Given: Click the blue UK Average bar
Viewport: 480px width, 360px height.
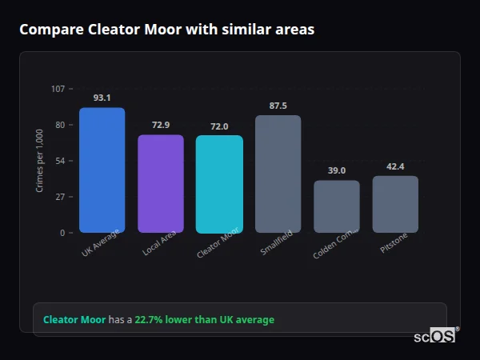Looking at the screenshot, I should [x=102, y=170].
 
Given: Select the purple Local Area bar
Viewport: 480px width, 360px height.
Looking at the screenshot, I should [x=160, y=184].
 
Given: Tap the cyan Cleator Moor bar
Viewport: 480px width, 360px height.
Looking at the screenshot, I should [x=219, y=184].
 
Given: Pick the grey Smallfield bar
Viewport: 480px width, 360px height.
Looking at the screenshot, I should [x=278, y=174].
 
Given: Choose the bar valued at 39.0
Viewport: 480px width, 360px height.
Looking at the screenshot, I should [x=336, y=206].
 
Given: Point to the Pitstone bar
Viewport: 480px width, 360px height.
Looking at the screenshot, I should [x=395, y=204].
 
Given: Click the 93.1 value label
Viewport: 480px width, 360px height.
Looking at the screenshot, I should [x=102, y=98].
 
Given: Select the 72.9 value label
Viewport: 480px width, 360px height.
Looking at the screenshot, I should [x=160, y=125].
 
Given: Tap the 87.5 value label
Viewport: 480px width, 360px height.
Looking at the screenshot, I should [x=278, y=106].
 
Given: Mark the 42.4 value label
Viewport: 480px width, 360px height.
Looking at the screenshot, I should [x=395, y=166].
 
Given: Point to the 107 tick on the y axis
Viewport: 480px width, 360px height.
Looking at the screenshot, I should [x=58, y=89].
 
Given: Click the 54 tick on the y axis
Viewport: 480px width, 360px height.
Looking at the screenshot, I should [x=60, y=161].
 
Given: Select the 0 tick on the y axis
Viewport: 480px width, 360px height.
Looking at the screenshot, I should [x=62, y=233].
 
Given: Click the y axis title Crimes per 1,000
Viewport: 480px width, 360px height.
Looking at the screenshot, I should [x=40, y=161].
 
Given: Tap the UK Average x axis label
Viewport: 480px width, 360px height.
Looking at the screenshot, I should [x=100, y=243].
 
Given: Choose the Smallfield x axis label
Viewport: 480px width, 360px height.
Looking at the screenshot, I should [x=277, y=243].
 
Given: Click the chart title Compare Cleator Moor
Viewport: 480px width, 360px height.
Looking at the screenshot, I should [x=166, y=30].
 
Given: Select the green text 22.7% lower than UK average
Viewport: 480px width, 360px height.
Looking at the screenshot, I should [x=204, y=319].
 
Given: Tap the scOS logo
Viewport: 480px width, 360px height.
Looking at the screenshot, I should [x=434, y=337].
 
